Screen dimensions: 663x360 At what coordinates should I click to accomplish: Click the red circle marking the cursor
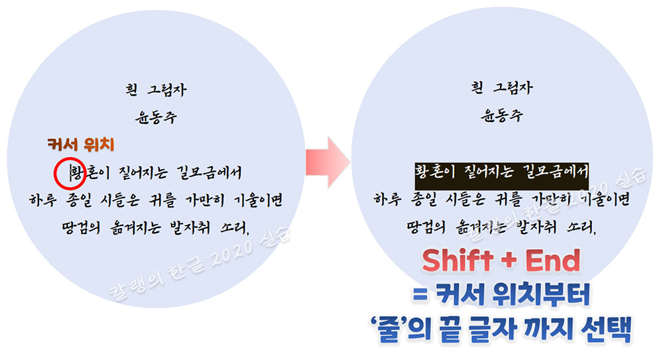68,172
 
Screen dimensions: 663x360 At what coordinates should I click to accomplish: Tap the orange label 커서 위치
82,143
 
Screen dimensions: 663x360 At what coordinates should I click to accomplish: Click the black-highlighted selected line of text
502,173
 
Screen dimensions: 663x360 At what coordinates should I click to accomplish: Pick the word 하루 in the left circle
43,198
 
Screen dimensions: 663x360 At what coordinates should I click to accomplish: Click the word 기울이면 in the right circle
604,198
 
